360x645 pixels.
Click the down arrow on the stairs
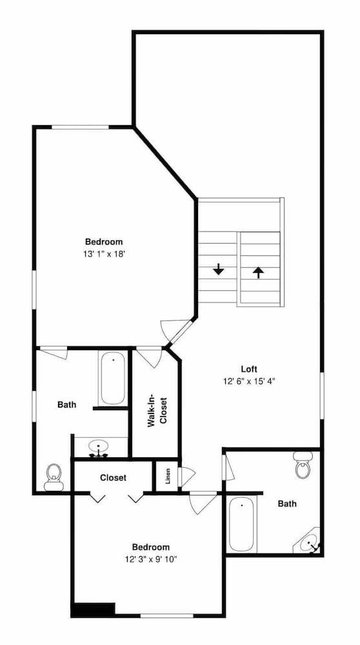[x=219, y=269]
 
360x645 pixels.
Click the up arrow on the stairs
[x=258, y=272]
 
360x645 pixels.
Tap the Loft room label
[x=249, y=370]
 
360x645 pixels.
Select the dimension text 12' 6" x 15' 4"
[x=249, y=381]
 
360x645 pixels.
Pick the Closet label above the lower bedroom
[x=113, y=478]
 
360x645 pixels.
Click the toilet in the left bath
[x=54, y=476]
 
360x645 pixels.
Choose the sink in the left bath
[x=98, y=446]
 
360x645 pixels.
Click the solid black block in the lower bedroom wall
[x=93, y=609]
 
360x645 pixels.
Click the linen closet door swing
[x=186, y=477]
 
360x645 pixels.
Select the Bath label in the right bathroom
[x=287, y=503]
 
